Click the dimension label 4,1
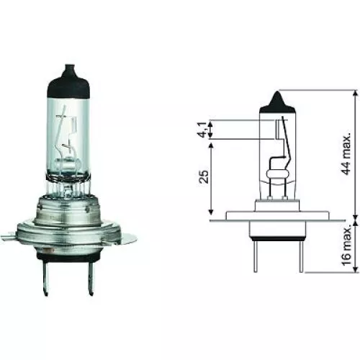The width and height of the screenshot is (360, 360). [x=202, y=132]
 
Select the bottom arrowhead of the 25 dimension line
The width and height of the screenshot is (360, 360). [x=211, y=215]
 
